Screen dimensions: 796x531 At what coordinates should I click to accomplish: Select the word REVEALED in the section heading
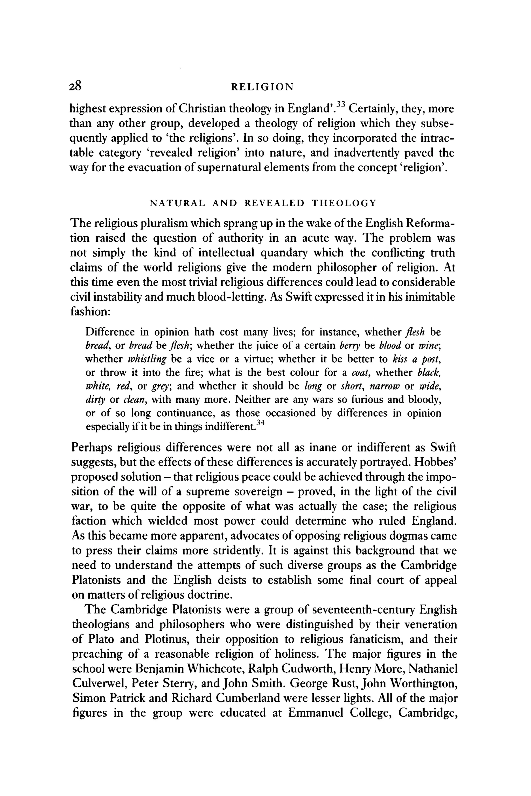point(274,203)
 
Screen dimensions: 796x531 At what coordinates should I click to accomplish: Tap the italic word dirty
point(95,400)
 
